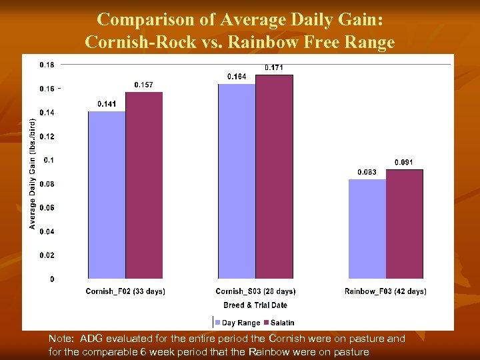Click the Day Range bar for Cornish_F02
tap(107, 195)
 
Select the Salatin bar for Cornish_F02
tap(144, 185)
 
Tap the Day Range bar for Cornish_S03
tap(237, 181)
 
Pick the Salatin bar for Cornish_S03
tap(274, 177)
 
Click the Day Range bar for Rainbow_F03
tap(367, 229)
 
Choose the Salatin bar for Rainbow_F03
tap(405, 224)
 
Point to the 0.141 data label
tap(107, 104)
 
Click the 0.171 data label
tap(274, 67)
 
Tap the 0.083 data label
tap(367, 172)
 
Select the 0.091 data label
tap(404, 162)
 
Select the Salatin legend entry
tap(279, 323)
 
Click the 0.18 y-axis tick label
tap(47, 65)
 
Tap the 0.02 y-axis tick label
tap(47, 255)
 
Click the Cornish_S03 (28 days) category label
tap(255, 291)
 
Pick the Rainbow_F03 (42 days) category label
tap(385, 291)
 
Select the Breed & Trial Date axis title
tap(255, 305)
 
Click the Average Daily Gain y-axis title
tap(32, 173)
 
